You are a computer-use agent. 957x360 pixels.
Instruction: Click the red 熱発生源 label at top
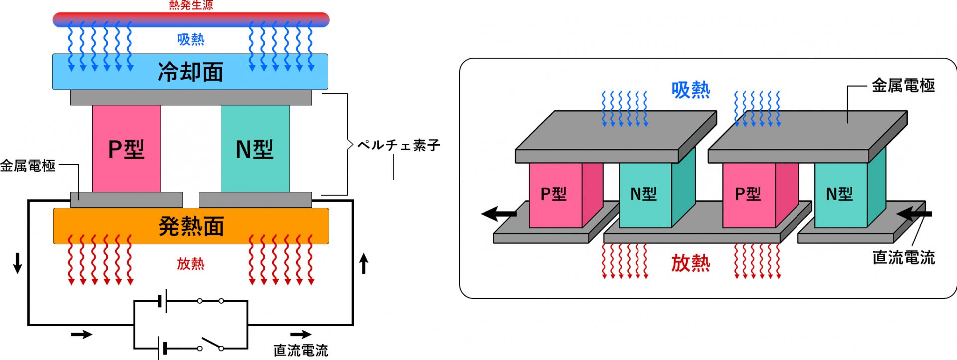pyautogui.click(x=191, y=5)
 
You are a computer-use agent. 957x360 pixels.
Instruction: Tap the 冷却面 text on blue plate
pyautogui.click(x=190, y=72)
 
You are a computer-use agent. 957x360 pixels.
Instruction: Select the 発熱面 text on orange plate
pyautogui.click(x=191, y=226)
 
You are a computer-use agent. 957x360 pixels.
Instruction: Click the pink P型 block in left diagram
pyautogui.click(x=127, y=149)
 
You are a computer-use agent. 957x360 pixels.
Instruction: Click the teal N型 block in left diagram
pyautogui.click(x=255, y=149)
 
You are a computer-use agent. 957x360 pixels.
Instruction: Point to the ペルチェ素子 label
pyautogui.click(x=399, y=145)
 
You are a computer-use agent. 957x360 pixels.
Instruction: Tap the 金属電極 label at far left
pyautogui.click(x=28, y=166)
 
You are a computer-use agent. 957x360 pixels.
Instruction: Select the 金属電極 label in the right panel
pyautogui.click(x=903, y=86)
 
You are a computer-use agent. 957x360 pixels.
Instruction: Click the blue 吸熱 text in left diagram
pyautogui.click(x=191, y=39)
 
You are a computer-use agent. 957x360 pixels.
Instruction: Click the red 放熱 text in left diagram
pyautogui.click(x=191, y=264)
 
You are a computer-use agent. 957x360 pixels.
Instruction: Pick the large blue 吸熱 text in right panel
pyautogui.click(x=690, y=90)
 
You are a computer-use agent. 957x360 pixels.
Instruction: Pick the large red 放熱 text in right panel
pyautogui.click(x=690, y=263)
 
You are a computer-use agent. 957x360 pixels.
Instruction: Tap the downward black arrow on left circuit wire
pyautogui.click(x=18, y=263)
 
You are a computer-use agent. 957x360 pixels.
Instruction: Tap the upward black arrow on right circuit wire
pyautogui.click(x=364, y=264)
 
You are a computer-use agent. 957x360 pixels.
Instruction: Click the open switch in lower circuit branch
pyautogui.click(x=211, y=344)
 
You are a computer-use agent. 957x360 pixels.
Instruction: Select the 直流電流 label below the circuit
pyautogui.click(x=301, y=350)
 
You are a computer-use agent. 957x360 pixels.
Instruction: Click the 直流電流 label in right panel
pyautogui.click(x=903, y=257)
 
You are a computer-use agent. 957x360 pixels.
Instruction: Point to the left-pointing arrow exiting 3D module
pyautogui.click(x=498, y=214)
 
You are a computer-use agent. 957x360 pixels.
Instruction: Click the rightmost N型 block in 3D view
pyautogui.click(x=840, y=194)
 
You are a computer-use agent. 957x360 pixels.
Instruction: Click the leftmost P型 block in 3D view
pyautogui.click(x=554, y=194)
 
